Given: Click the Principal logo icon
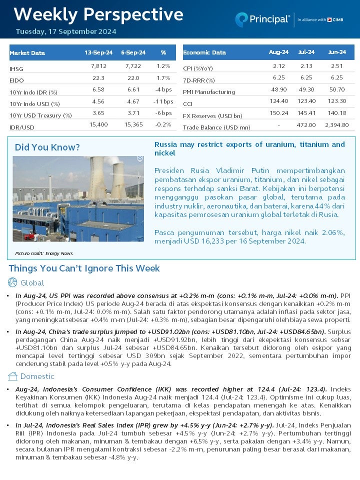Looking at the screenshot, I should pos(242,19).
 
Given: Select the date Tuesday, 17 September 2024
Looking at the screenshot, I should pos(65,31).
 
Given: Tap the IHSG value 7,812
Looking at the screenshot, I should pos(99,66).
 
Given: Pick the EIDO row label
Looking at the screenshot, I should pos(16,80).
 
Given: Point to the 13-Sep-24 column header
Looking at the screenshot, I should pos(98,52).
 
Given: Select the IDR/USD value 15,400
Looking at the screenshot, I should pos(98,124).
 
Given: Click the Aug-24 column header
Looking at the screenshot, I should pos(278,52).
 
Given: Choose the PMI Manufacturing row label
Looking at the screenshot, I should pos(208,92).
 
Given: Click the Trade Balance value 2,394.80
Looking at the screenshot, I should pos(336,125).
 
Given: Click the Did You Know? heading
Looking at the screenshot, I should pos(47,147).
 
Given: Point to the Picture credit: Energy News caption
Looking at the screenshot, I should pos(43,253).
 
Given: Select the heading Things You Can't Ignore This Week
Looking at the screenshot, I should pos(84,268).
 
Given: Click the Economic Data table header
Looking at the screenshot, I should pos(204,52).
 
